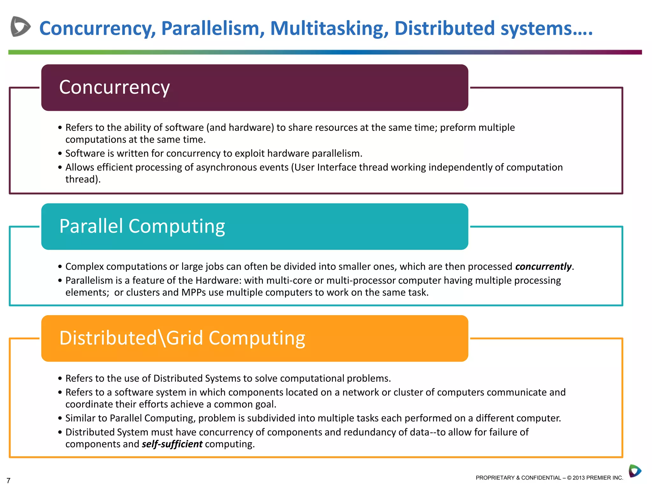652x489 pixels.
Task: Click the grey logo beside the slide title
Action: click(x=20, y=26)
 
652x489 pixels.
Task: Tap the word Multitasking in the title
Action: click(x=329, y=29)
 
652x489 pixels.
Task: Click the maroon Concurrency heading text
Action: click(x=114, y=87)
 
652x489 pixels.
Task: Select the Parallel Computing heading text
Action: click(x=142, y=226)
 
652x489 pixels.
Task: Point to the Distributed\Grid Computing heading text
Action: click(x=182, y=338)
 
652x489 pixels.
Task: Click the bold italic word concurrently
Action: click(x=543, y=266)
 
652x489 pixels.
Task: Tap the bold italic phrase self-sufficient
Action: click(x=172, y=444)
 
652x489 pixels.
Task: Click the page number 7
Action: click(x=9, y=480)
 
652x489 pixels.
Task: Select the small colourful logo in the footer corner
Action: click(x=635, y=471)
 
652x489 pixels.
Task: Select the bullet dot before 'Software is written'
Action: click(x=60, y=154)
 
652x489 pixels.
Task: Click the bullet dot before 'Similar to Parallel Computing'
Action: click(x=60, y=418)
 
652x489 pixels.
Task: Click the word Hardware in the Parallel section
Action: click(x=218, y=280)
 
